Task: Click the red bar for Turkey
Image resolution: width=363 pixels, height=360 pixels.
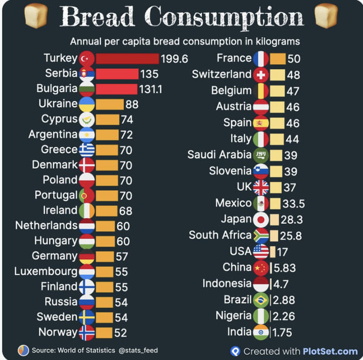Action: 127,58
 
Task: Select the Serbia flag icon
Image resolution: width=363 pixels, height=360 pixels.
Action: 86,74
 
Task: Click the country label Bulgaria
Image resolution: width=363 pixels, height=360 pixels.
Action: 57,89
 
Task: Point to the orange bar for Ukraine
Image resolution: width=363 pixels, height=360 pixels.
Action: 109,104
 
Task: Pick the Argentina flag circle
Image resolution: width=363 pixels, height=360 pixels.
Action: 86,134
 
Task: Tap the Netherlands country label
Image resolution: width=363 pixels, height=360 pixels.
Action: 46,225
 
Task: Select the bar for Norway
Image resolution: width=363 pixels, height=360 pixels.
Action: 104,332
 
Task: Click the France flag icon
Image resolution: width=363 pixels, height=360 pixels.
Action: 261,59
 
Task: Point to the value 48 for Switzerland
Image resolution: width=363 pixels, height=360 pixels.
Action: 293,75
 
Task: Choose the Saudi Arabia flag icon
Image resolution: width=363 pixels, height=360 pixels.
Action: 261,155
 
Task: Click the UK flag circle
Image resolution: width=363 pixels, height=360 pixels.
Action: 261,187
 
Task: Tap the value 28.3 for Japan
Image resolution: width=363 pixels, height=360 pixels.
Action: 293,220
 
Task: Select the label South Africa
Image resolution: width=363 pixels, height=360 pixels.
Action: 220,235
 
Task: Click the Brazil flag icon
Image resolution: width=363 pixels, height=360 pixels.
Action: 261,300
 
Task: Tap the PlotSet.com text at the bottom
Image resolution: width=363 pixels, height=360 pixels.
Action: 330,351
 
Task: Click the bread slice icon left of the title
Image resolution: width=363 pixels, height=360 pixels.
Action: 36,16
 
